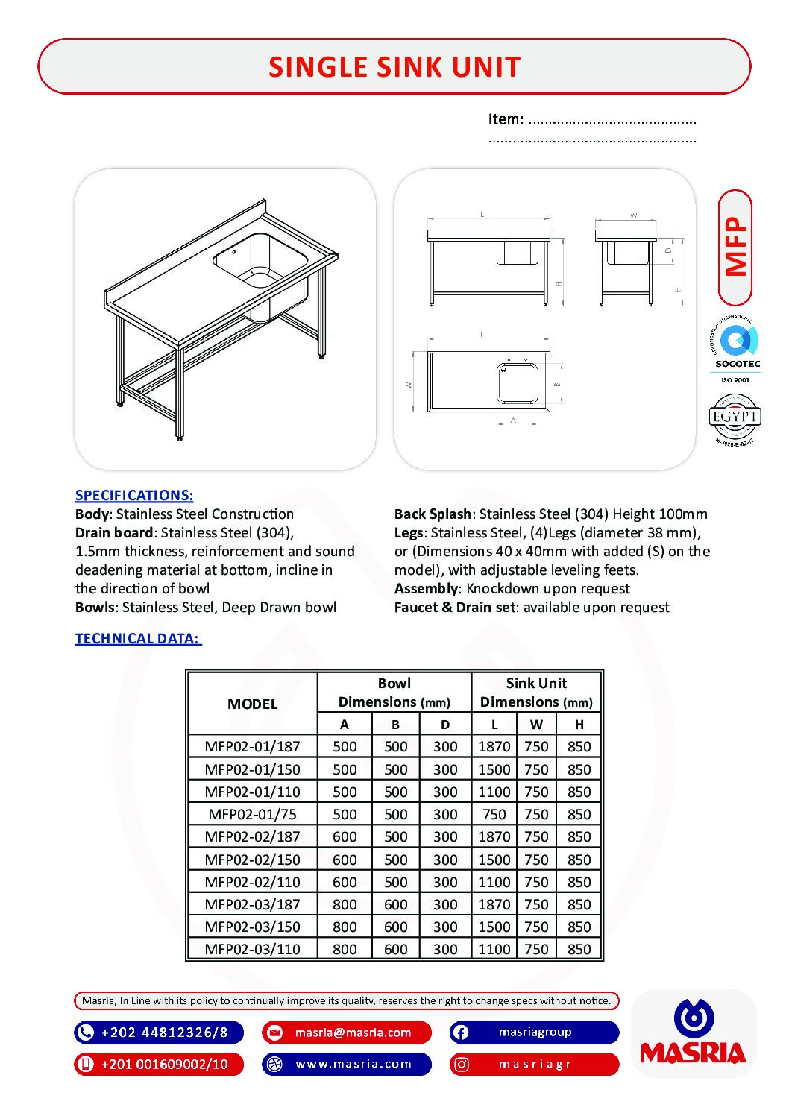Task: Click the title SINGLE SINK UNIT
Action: pyautogui.click(x=394, y=67)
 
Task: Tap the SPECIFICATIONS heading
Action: pyautogui.click(x=134, y=495)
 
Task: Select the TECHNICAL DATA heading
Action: pyautogui.click(x=138, y=638)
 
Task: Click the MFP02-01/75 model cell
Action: pyautogui.click(x=252, y=814)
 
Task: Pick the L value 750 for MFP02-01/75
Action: pyautogui.click(x=494, y=814)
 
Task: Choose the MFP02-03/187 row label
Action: pyautogui.click(x=252, y=904)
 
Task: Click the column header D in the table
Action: pyautogui.click(x=445, y=724)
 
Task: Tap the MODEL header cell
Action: pyautogui.click(x=252, y=703)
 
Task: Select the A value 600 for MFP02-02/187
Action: pyautogui.click(x=345, y=836)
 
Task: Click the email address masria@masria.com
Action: pyautogui.click(x=353, y=1033)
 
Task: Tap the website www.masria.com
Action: pyautogui.click(x=353, y=1064)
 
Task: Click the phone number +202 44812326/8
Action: pyautogui.click(x=164, y=1033)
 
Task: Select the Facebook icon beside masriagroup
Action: pyautogui.click(x=461, y=1033)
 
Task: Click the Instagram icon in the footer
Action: pyautogui.click(x=462, y=1065)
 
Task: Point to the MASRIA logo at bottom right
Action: pyautogui.click(x=694, y=1033)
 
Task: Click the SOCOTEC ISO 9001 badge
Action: pyautogui.click(x=736, y=350)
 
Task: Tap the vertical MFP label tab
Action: pyautogui.click(x=735, y=248)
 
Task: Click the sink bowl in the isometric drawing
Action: pyautogui.click(x=260, y=261)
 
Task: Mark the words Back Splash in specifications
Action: pyautogui.click(x=433, y=514)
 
